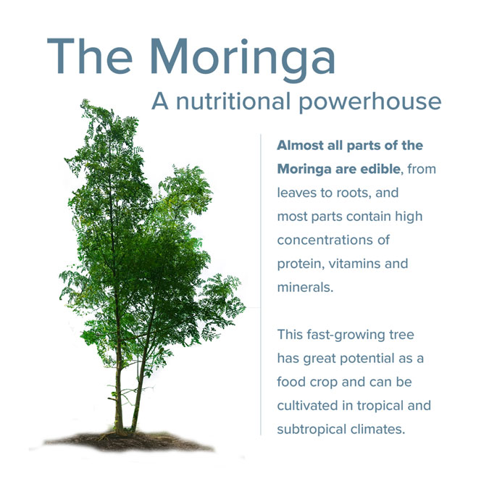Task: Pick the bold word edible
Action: point(377,169)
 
